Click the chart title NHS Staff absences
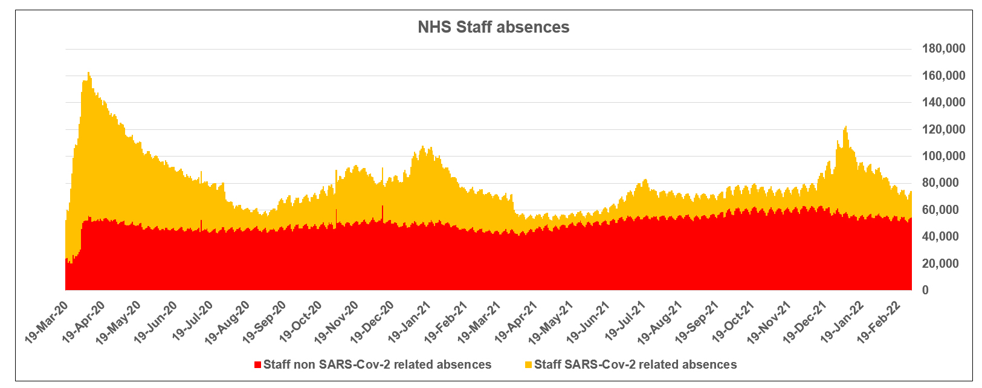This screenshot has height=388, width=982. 493,27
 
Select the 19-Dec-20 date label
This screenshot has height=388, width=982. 372,318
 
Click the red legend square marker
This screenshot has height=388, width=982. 258,365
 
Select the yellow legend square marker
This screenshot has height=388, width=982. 529,365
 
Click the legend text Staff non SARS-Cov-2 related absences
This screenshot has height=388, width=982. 377,364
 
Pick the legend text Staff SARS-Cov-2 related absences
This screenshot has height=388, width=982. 635,364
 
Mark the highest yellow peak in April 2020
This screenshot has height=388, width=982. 88,74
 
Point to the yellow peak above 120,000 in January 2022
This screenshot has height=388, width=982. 846,127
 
